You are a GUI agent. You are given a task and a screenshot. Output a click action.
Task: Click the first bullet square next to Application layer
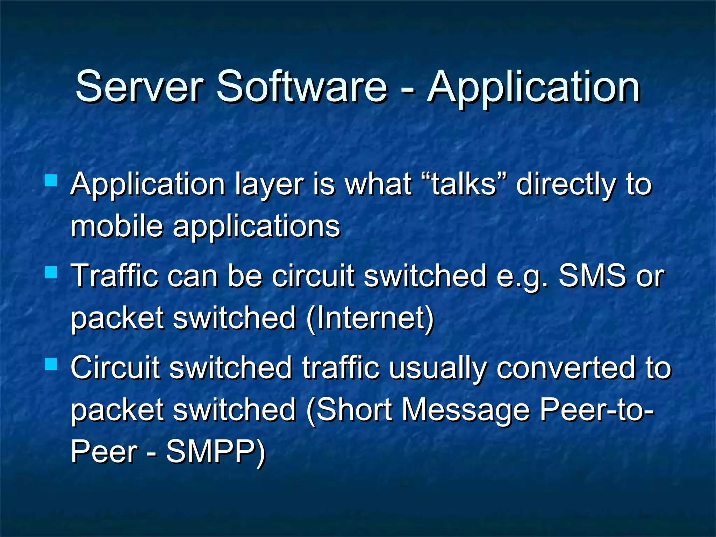coord(51,180)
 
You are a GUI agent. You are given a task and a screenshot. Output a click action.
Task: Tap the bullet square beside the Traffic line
coord(51,272)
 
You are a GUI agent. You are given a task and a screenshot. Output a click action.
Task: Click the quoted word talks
coord(464,184)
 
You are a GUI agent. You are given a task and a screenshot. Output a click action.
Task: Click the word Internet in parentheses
coord(371,318)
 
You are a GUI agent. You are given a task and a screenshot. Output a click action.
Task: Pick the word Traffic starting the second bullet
coord(115,275)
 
